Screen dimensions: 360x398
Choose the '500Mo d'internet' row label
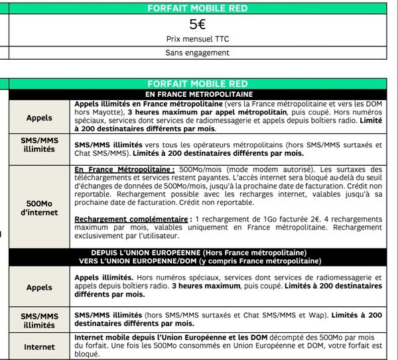click(39, 206)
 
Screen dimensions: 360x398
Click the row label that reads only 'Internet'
click(39, 347)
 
